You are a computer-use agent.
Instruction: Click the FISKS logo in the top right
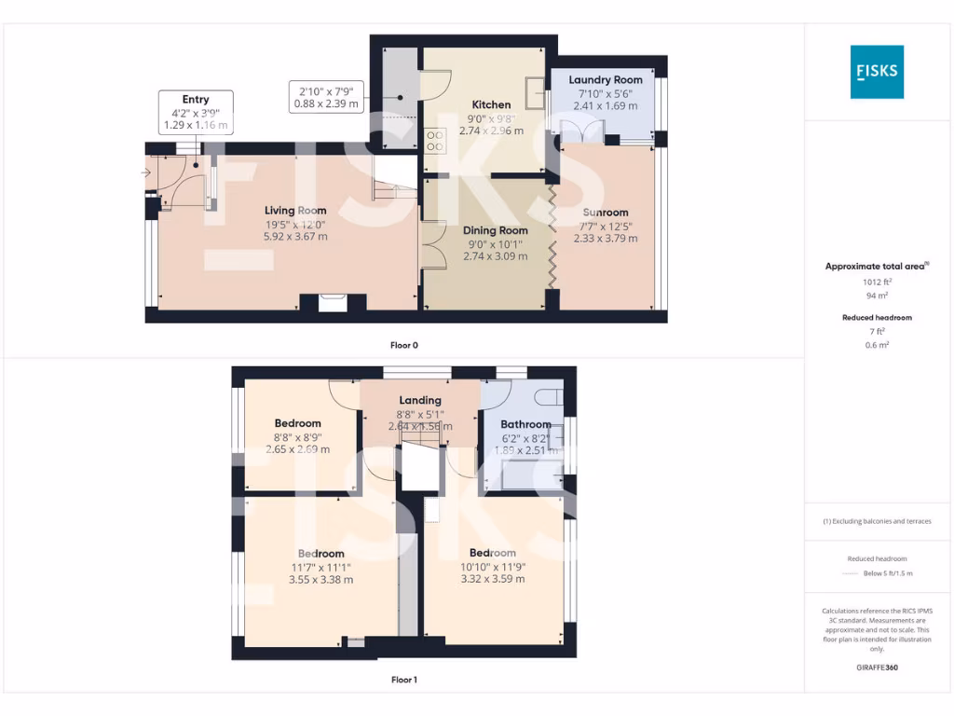[x=876, y=72]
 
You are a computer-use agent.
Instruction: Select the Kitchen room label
[x=491, y=104]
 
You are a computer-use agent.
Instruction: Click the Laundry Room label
[x=606, y=80]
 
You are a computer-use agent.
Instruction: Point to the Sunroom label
[x=606, y=213]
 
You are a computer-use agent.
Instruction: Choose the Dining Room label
[x=496, y=230]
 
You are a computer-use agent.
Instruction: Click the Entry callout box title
[x=196, y=100]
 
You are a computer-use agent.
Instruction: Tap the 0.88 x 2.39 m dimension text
[x=326, y=104]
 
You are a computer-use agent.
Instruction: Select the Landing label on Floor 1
[x=420, y=400]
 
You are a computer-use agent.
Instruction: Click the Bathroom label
[x=525, y=424]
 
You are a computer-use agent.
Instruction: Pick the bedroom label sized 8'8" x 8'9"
[x=297, y=423]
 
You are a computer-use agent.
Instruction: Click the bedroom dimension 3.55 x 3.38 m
[x=321, y=580]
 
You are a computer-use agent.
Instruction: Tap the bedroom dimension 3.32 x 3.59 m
[x=493, y=579]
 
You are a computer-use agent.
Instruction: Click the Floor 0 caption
[x=403, y=345]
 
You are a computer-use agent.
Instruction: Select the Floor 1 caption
[x=403, y=680]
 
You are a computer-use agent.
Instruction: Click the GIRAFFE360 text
[x=876, y=668]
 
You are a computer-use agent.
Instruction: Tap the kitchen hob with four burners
[x=434, y=140]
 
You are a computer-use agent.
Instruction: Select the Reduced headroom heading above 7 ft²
[x=876, y=318]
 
